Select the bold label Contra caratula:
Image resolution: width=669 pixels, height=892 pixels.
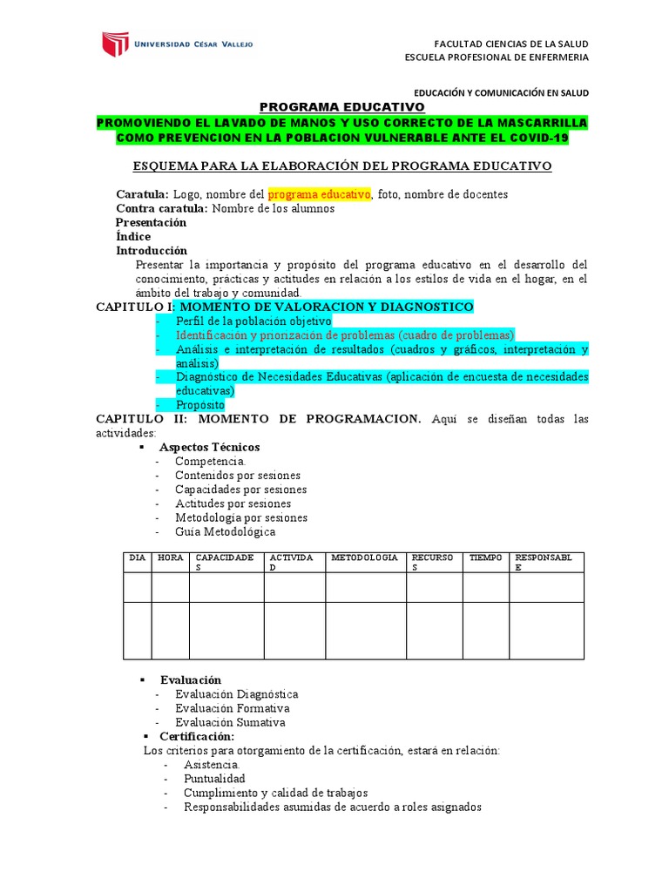tap(162, 208)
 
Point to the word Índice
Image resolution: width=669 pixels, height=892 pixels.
tap(133, 236)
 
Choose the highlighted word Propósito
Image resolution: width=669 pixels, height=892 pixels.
tap(199, 405)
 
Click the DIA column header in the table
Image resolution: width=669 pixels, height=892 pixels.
tap(138, 557)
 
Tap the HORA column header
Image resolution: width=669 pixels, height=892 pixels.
tap(171, 557)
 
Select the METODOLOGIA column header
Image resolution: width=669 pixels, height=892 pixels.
tap(365, 557)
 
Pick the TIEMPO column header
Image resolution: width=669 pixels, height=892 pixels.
tap(486, 557)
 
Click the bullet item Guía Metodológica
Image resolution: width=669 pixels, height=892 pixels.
tap(225, 531)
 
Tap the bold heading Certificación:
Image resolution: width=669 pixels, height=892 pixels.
tap(197, 736)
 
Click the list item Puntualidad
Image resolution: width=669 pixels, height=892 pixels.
tap(214, 779)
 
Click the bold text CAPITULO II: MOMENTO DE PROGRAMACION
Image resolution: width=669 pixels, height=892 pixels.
tap(258, 419)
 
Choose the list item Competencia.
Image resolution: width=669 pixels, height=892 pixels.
tap(210, 461)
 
